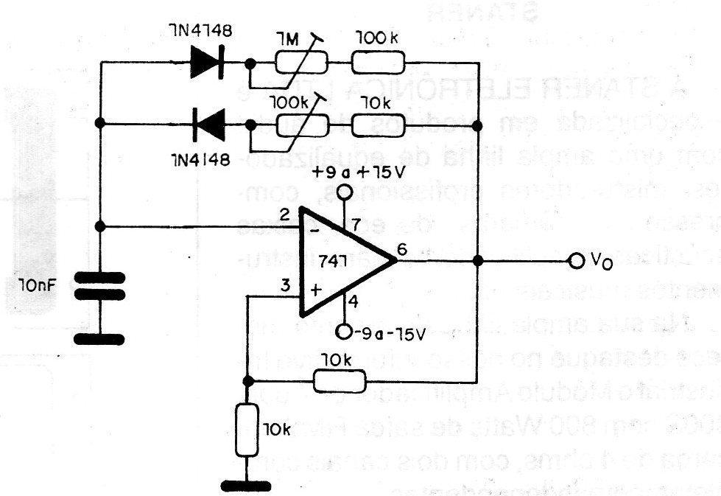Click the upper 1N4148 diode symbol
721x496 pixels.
click(206, 63)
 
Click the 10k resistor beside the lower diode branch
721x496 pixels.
click(380, 125)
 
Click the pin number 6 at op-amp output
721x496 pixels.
click(401, 250)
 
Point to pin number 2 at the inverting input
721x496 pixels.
click(284, 215)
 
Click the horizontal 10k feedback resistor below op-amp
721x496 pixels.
click(339, 381)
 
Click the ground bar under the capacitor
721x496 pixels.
click(100, 338)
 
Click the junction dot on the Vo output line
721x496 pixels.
click(478, 261)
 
